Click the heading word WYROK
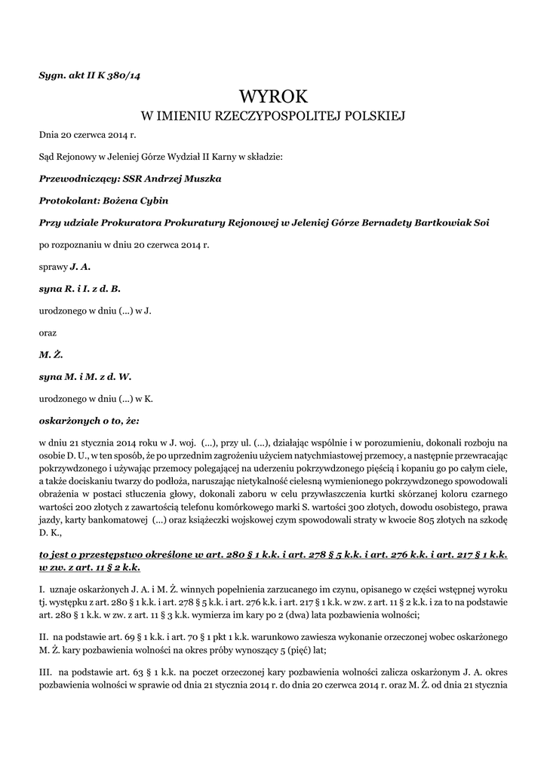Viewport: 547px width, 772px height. [273, 96]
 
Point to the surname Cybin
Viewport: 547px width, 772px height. [153, 201]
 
